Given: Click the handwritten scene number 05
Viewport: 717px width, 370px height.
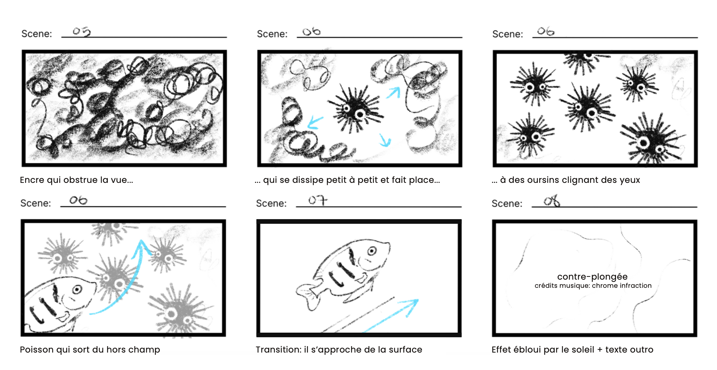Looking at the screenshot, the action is [x=82, y=32].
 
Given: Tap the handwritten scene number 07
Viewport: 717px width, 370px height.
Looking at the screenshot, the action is [x=318, y=200].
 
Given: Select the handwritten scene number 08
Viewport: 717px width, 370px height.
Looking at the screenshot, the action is [x=552, y=201].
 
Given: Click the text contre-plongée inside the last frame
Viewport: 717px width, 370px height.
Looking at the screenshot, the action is [x=592, y=277].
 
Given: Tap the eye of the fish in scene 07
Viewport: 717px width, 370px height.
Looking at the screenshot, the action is [x=372, y=251].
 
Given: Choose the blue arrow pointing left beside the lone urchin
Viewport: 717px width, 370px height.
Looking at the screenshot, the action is [x=315, y=122].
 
